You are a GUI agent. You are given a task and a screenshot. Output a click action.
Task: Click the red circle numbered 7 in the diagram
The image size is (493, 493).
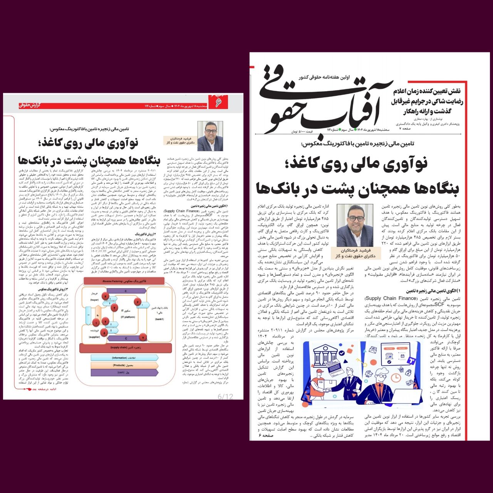143,337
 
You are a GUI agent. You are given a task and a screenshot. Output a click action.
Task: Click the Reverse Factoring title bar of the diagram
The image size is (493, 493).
124,282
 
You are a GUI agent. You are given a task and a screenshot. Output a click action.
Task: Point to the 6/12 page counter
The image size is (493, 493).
225,396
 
